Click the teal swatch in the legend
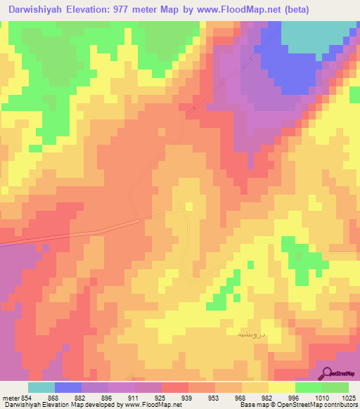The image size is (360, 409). click(41, 387)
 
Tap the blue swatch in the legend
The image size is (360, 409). click(68, 387)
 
